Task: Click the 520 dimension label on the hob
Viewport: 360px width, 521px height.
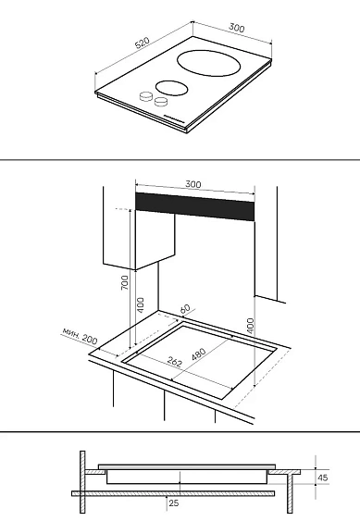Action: click(x=143, y=43)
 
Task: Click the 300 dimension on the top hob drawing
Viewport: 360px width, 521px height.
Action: click(x=236, y=28)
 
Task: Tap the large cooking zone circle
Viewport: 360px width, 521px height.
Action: click(x=209, y=63)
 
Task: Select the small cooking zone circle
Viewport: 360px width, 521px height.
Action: click(x=171, y=89)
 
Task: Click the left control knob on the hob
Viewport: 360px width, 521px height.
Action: click(x=145, y=96)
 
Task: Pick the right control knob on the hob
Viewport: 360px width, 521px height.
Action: click(x=161, y=102)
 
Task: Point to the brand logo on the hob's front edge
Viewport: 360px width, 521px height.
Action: click(x=174, y=118)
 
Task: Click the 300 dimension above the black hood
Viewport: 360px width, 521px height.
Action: click(x=193, y=184)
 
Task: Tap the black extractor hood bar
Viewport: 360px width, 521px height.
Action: click(x=194, y=206)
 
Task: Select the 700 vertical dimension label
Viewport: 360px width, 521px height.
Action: click(x=124, y=282)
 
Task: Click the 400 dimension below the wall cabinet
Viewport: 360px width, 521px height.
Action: click(x=141, y=305)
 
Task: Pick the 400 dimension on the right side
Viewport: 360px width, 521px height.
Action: click(x=251, y=326)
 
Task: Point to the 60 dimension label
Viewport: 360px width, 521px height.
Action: click(x=185, y=309)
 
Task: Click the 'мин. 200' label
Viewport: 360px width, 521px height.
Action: click(x=80, y=336)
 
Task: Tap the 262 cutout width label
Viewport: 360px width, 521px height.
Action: click(x=175, y=362)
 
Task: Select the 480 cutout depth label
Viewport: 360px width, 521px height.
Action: click(x=199, y=354)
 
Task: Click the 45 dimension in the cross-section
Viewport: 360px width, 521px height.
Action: click(x=322, y=478)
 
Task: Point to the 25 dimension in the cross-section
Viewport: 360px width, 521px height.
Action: click(x=174, y=503)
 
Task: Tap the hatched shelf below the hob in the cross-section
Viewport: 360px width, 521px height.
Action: click(x=173, y=493)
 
